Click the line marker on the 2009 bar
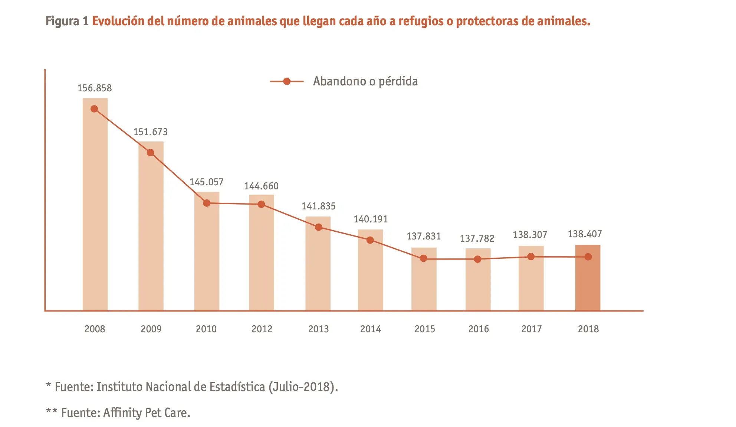pyautogui.click(x=150, y=153)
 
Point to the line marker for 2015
pyautogui.click(x=424, y=258)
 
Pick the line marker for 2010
pyautogui.click(x=207, y=203)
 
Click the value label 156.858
pyautogui.click(x=95, y=88)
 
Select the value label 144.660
pyautogui.click(x=261, y=186)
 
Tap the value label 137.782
pyautogui.click(x=477, y=238)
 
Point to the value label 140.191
pyautogui.click(x=371, y=219)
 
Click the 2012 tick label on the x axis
pyautogui.click(x=262, y=329)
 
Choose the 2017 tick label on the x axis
pyautogui.click(x=531, y=329)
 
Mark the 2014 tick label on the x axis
pyautogui.click(x=371, y=329)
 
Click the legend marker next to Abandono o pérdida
pyautogui.click(x=287, y=81)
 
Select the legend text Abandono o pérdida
pyautogui.click(x=365, y=81)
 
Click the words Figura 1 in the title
pyautogui.click(x=67, y=21)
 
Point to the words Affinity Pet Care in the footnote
pyautogui.click(x=147, y=413)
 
